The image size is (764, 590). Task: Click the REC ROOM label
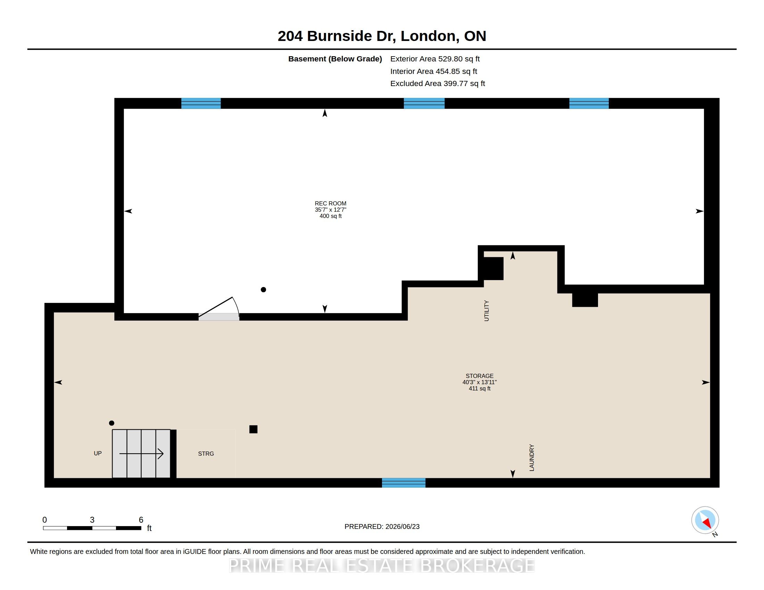(x=330, y=203)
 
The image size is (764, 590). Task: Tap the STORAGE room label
(x=479, y=376)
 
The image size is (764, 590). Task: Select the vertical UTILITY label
(x=486, y=310)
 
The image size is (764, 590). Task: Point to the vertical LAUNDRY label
(x=532, y=457)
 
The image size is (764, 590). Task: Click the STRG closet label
(x=206, y=454)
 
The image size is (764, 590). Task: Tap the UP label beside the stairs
(x=98, y=453)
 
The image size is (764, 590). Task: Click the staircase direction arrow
(x=141, y=454)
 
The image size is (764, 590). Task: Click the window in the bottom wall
(x=404, y=483)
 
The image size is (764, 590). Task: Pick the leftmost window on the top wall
(x=201, y=103)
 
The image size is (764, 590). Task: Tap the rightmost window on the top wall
(x=589, y=103)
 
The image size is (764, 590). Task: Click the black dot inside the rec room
(x=264, y=289)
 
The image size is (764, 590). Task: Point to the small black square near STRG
(x=253, y=429)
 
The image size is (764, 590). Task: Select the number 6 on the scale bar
(x=141, y=520)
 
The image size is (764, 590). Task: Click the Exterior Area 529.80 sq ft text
(x=435, y=59)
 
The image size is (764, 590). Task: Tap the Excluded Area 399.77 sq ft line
(x=438, y=84)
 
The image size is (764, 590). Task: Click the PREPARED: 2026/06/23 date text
(x=382, y=526)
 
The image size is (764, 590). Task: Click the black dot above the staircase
(x=111, y=423)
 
